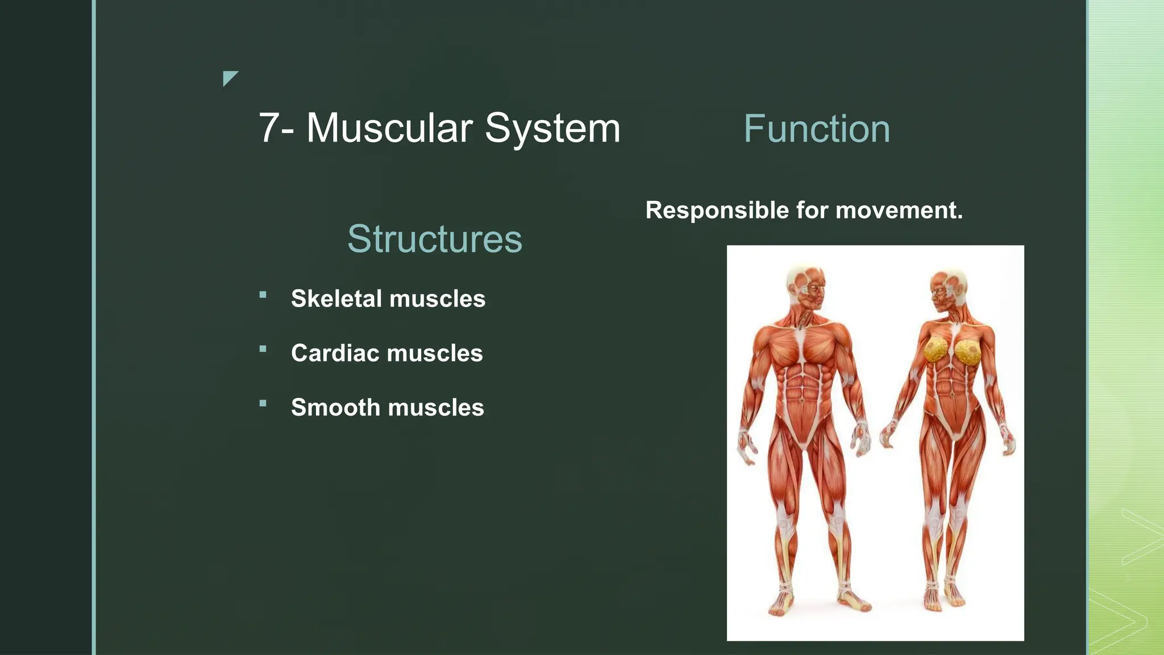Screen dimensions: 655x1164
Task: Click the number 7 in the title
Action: point(269,128)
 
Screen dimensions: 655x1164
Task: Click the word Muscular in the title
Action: point(389,128)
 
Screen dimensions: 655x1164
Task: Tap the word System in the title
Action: point(552,128)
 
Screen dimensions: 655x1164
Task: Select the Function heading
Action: point(816,129)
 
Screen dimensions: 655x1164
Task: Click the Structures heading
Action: point(435,239)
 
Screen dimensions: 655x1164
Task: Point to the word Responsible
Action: point(717,210)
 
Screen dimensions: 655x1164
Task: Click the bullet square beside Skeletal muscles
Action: point(263,295)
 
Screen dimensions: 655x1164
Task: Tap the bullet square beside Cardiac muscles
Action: point(263,349)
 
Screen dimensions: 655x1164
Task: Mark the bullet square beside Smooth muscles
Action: point(263,404)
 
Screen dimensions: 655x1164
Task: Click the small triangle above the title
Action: point(230,77)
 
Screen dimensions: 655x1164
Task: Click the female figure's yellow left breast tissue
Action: point(935,350)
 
